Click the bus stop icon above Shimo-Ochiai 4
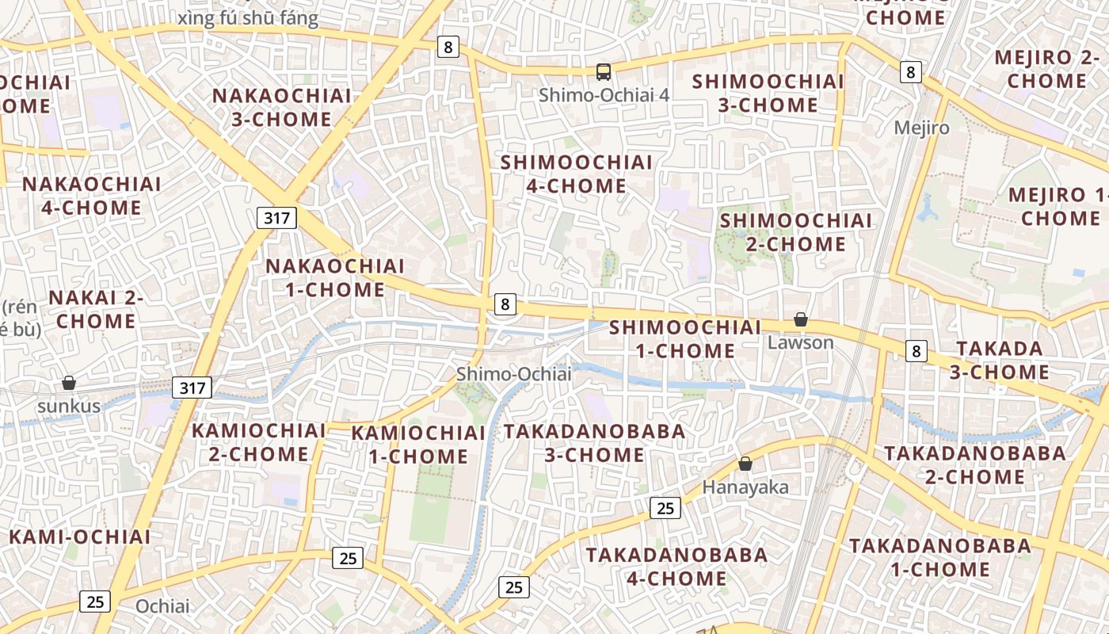[604, 72]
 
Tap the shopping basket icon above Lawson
[801, 319]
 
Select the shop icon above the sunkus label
[69, 383]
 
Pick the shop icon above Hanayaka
[745, 464]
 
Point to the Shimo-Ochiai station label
[513, 374]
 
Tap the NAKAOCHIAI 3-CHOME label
[282, 108]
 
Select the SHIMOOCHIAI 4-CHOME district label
[577, 174]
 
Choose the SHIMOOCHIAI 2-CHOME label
[796, 232]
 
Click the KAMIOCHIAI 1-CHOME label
[418, 445]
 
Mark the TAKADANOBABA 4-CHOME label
[676, 566]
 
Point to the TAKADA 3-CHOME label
[1002, 360]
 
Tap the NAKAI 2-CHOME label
[96, 309]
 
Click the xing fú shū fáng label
[249, 19]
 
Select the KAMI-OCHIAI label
[80, 537]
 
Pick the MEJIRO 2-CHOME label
[1046, 69]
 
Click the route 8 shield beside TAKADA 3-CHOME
[916, 351]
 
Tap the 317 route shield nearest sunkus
[192, 388]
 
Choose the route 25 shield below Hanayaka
[665, 508]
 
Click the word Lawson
[801, 342]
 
